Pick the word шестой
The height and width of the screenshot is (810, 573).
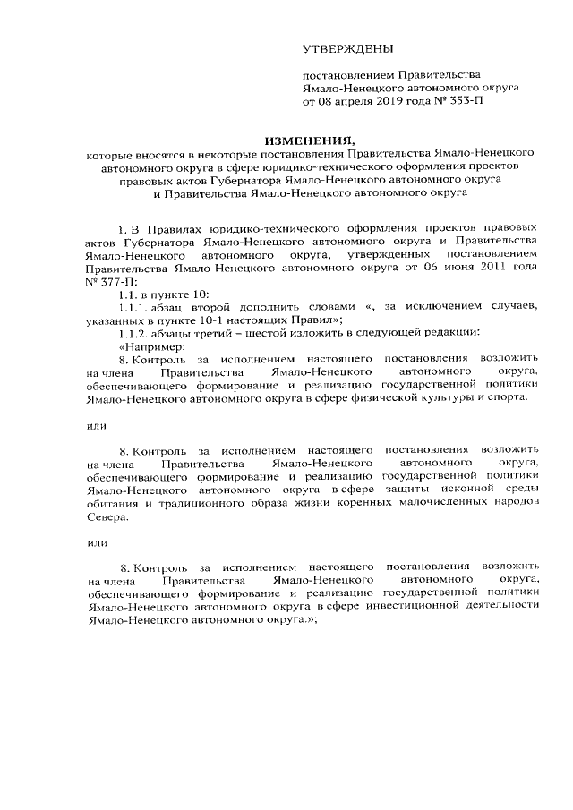pos(268,334)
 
